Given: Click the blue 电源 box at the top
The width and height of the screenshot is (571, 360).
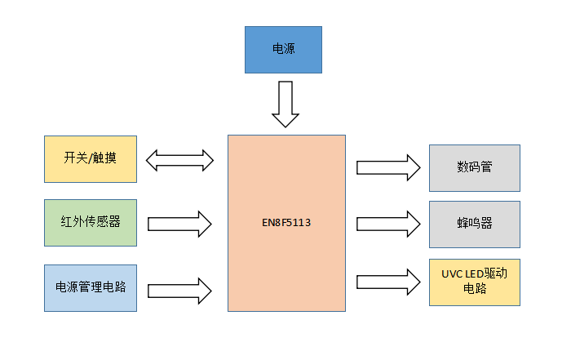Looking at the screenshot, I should [283, 49].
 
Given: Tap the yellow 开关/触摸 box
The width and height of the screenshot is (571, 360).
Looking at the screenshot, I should [90, 158].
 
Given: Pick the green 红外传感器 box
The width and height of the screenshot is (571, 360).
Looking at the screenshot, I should [90, 223].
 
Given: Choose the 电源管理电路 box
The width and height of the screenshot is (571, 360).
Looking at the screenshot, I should [90, 287].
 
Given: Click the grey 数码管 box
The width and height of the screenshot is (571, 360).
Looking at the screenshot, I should [474, 168].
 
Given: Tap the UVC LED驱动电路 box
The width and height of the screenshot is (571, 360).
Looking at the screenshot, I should [474, 282].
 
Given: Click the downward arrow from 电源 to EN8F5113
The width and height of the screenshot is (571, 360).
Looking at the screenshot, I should [285, 104].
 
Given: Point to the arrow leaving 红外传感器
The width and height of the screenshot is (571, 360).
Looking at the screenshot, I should [179, 222].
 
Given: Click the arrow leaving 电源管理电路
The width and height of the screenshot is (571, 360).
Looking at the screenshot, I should [179, 287].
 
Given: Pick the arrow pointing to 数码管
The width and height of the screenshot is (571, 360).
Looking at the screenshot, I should [388, 168].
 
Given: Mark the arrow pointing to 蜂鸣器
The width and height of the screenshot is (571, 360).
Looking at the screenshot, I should [388, 223].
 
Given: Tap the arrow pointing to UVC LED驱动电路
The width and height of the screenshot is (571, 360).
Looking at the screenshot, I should [388, 282].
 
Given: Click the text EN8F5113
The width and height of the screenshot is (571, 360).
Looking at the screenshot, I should [285, 222].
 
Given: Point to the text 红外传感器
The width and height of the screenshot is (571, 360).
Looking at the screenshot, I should [90, 223].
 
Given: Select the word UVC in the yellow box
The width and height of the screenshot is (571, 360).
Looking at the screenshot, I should [451, 273].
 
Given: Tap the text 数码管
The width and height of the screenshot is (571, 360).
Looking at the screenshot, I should [474, 168].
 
